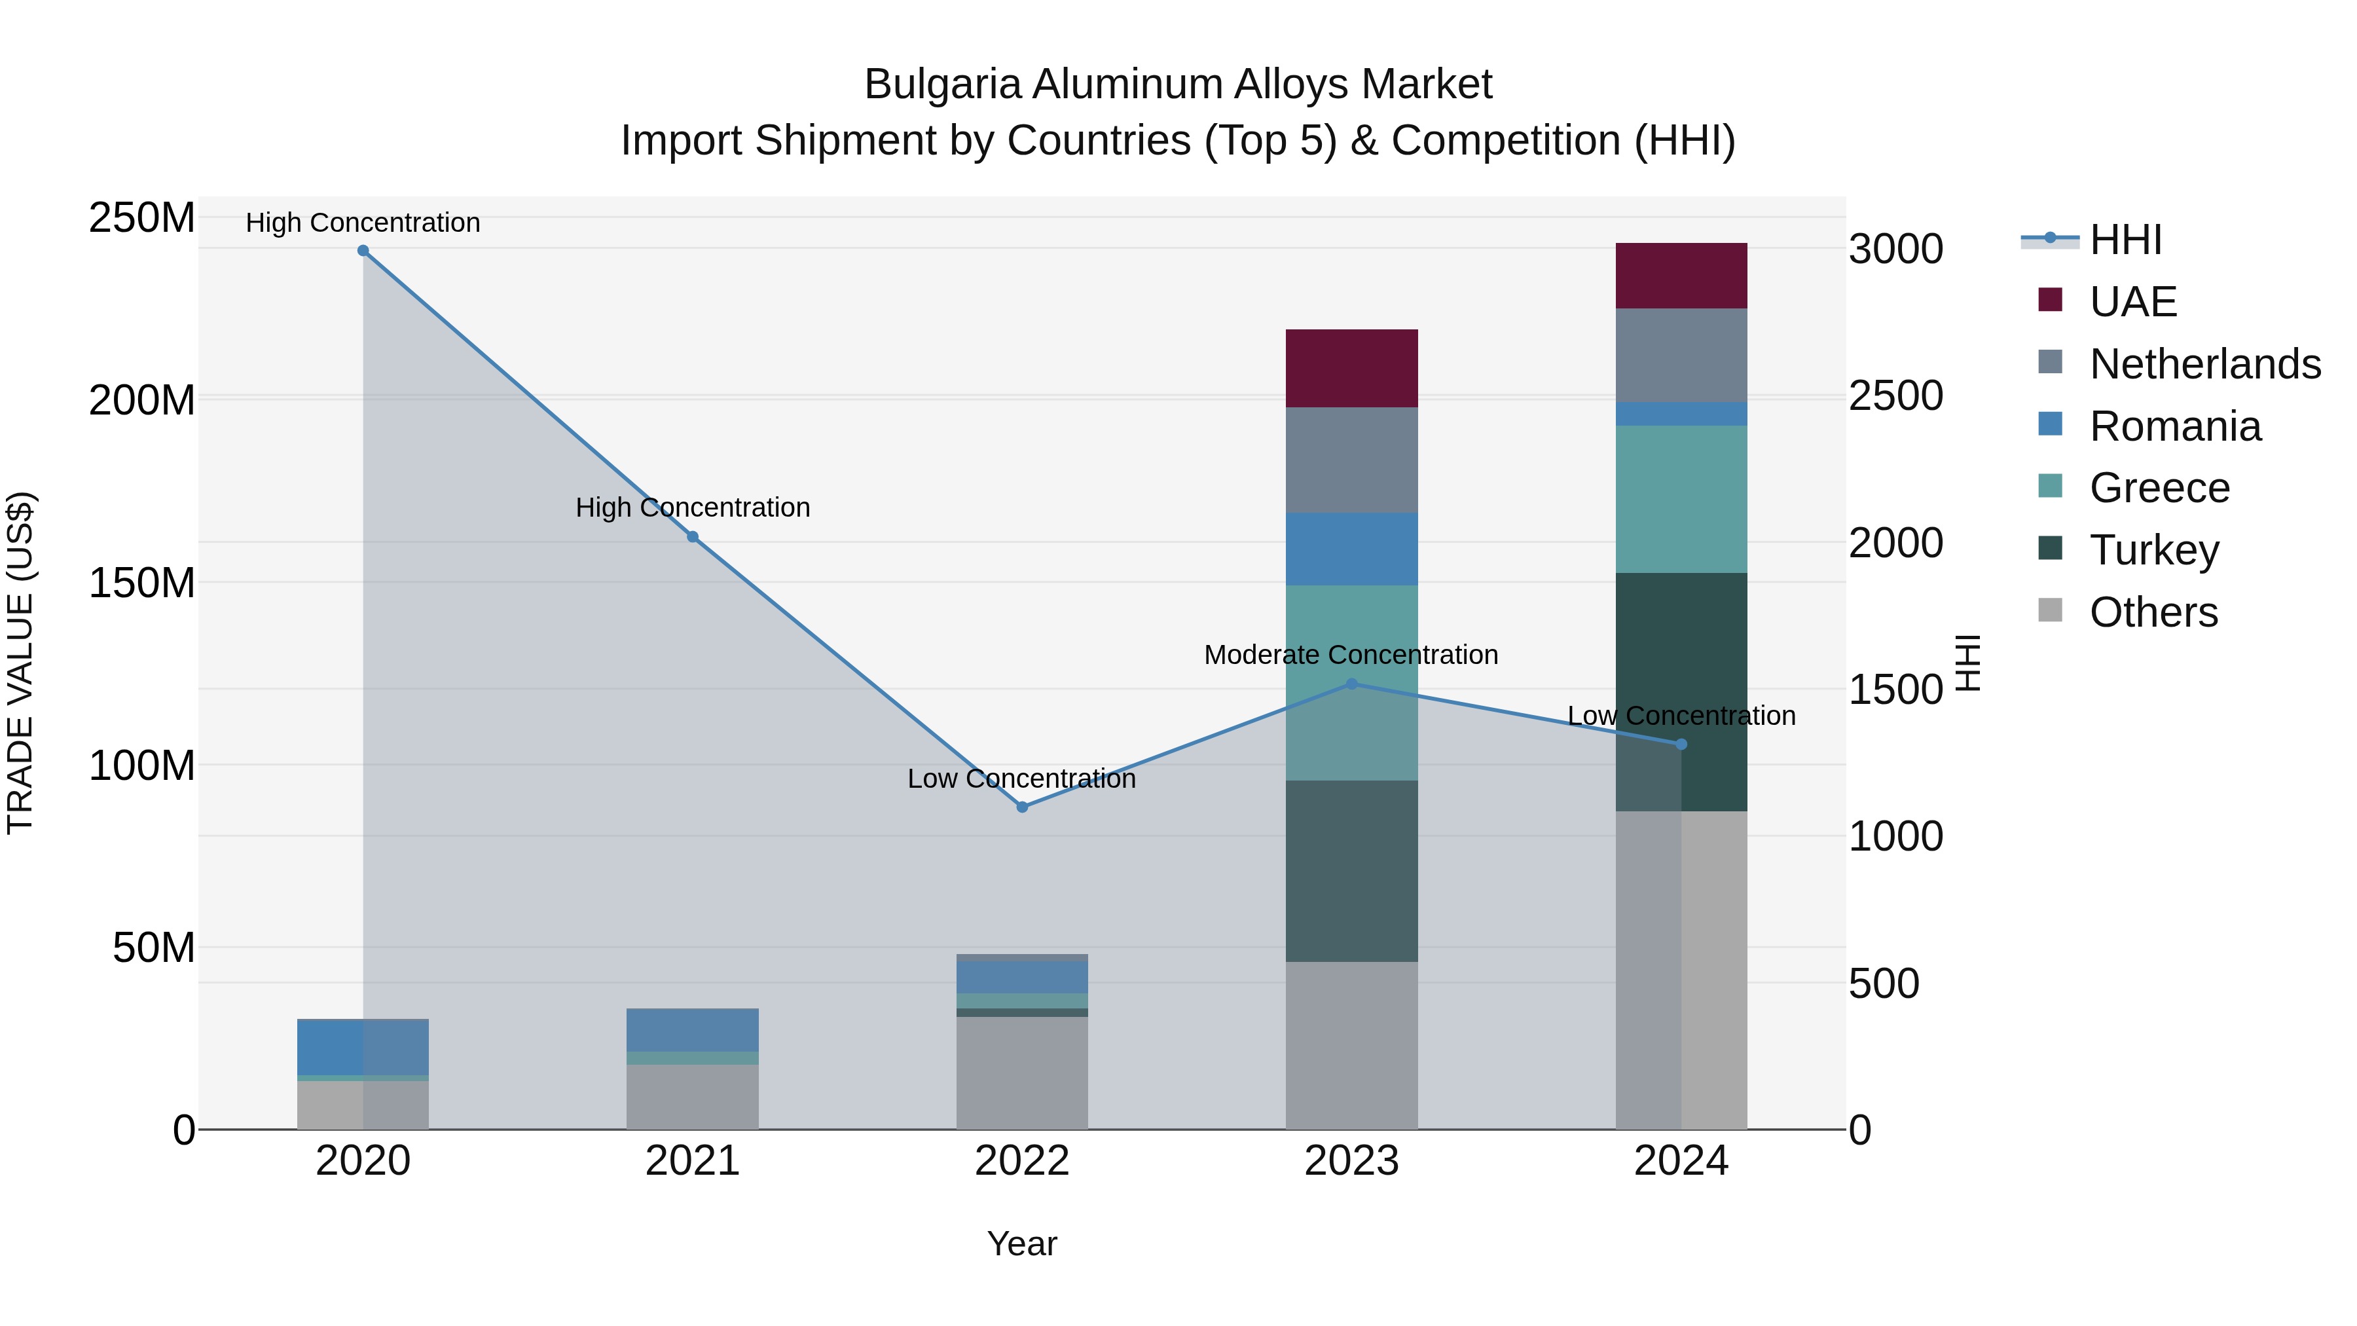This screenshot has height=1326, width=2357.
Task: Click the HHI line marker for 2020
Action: (363, 251)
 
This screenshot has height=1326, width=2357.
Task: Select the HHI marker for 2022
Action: (1022, 807)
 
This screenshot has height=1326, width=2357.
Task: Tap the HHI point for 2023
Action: (1351, 684)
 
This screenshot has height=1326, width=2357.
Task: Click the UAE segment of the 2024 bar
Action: (1681, 276)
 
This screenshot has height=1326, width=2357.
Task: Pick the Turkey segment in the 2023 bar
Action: (1351, 870)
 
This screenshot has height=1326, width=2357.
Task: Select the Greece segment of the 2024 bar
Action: (1681, 499)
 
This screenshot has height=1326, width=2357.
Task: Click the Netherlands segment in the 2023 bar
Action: (1351, 460)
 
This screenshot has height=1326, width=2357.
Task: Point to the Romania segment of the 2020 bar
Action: (363, 1047)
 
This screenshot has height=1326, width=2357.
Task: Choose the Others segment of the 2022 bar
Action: (1022, 1073)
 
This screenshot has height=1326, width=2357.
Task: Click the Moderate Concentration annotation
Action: (1351, 655)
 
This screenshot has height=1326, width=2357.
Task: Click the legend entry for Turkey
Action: (2154, 550)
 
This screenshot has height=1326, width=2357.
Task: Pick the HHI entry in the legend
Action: (2125, 240)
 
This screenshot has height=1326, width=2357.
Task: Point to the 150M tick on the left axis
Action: (142, 583)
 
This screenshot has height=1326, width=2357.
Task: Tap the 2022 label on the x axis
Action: (1022, 1161)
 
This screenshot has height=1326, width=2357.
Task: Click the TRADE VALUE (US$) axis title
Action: (20, 663)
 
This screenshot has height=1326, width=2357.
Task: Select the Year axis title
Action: (1022, 1243)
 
